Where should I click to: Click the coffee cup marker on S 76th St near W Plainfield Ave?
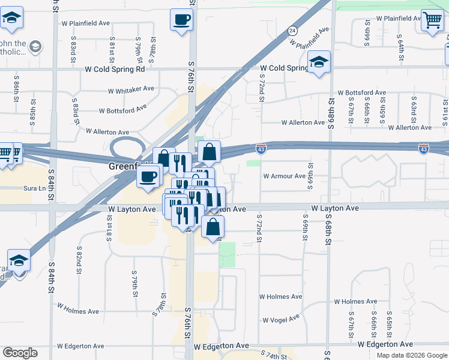181,20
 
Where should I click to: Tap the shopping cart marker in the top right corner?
432,20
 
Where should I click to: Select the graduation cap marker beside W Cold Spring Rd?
319,61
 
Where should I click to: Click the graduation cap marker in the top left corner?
11,19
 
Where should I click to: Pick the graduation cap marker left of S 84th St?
19,261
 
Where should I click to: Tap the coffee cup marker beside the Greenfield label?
148,176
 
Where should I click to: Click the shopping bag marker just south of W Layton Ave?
212,227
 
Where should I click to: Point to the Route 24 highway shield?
292,30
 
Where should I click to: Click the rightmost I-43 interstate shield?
423,147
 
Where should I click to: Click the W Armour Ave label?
285,176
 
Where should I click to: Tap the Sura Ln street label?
34,188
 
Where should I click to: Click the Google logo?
20,353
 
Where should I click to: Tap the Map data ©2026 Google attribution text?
411,355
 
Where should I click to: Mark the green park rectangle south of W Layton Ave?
227,254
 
